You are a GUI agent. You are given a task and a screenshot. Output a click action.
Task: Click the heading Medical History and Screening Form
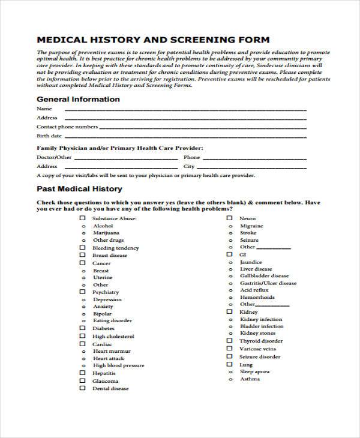point(153,40)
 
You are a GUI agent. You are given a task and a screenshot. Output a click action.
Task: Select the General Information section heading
point(78,99)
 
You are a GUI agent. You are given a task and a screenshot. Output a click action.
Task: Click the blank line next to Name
point(180,110)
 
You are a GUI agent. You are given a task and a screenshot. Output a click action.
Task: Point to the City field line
point(252,167)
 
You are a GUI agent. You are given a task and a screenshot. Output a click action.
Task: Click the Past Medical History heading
point(80,188)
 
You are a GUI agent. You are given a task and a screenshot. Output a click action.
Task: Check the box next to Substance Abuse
point(83,219)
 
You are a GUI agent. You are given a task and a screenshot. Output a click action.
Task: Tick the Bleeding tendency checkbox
point(83,247)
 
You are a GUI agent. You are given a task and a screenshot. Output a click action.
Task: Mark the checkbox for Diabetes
point(83,328)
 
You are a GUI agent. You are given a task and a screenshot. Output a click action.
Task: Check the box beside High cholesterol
point(83,337)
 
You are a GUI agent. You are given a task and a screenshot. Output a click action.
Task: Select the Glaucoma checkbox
point(83,380)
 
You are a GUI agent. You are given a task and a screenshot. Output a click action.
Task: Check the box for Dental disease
point(83,388)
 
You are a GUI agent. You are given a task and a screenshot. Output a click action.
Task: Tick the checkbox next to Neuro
point(229,218)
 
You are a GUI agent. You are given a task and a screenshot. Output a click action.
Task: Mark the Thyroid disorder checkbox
point(229,341)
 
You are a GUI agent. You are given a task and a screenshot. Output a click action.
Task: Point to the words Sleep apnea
point(254,372)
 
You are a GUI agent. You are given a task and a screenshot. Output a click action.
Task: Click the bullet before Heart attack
point(83,358)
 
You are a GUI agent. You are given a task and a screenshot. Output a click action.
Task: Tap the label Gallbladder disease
point(264,276)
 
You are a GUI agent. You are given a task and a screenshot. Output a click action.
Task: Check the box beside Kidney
point(229,312)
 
